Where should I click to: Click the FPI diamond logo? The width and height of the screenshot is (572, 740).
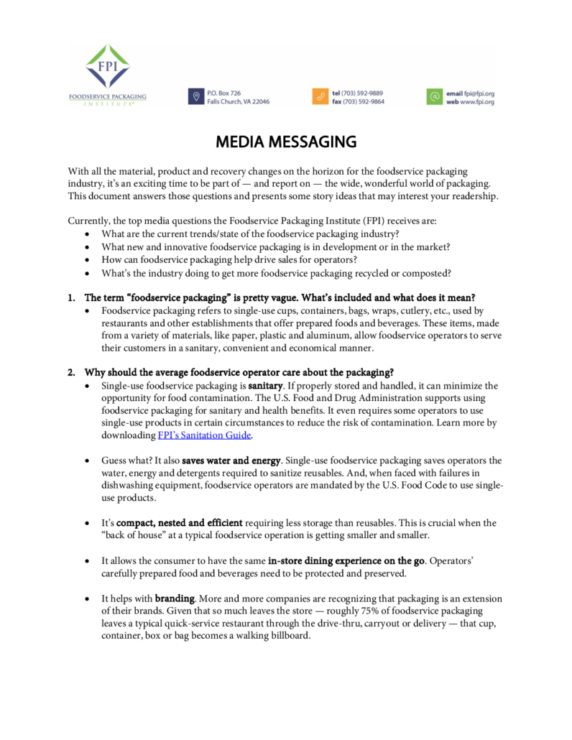click(x=107, y=67)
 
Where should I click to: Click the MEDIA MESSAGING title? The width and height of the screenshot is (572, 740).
click(x=286, y=142)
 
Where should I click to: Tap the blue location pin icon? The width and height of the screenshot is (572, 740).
click(x=195, y=97)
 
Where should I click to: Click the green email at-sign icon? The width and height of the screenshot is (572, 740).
click(x=434, y=97)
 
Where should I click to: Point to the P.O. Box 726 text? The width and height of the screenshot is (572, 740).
click(x=223, y=93)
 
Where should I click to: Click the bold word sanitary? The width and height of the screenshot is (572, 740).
click(x=264, y=386)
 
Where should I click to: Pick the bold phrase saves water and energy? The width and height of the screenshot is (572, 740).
click(x=231, y=461)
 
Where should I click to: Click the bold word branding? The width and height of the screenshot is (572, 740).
click(x=175, y=598)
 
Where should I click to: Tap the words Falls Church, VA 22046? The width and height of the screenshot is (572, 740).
click(x=238, y=102)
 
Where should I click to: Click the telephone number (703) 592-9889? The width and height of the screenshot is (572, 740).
click(x=363, y=93)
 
